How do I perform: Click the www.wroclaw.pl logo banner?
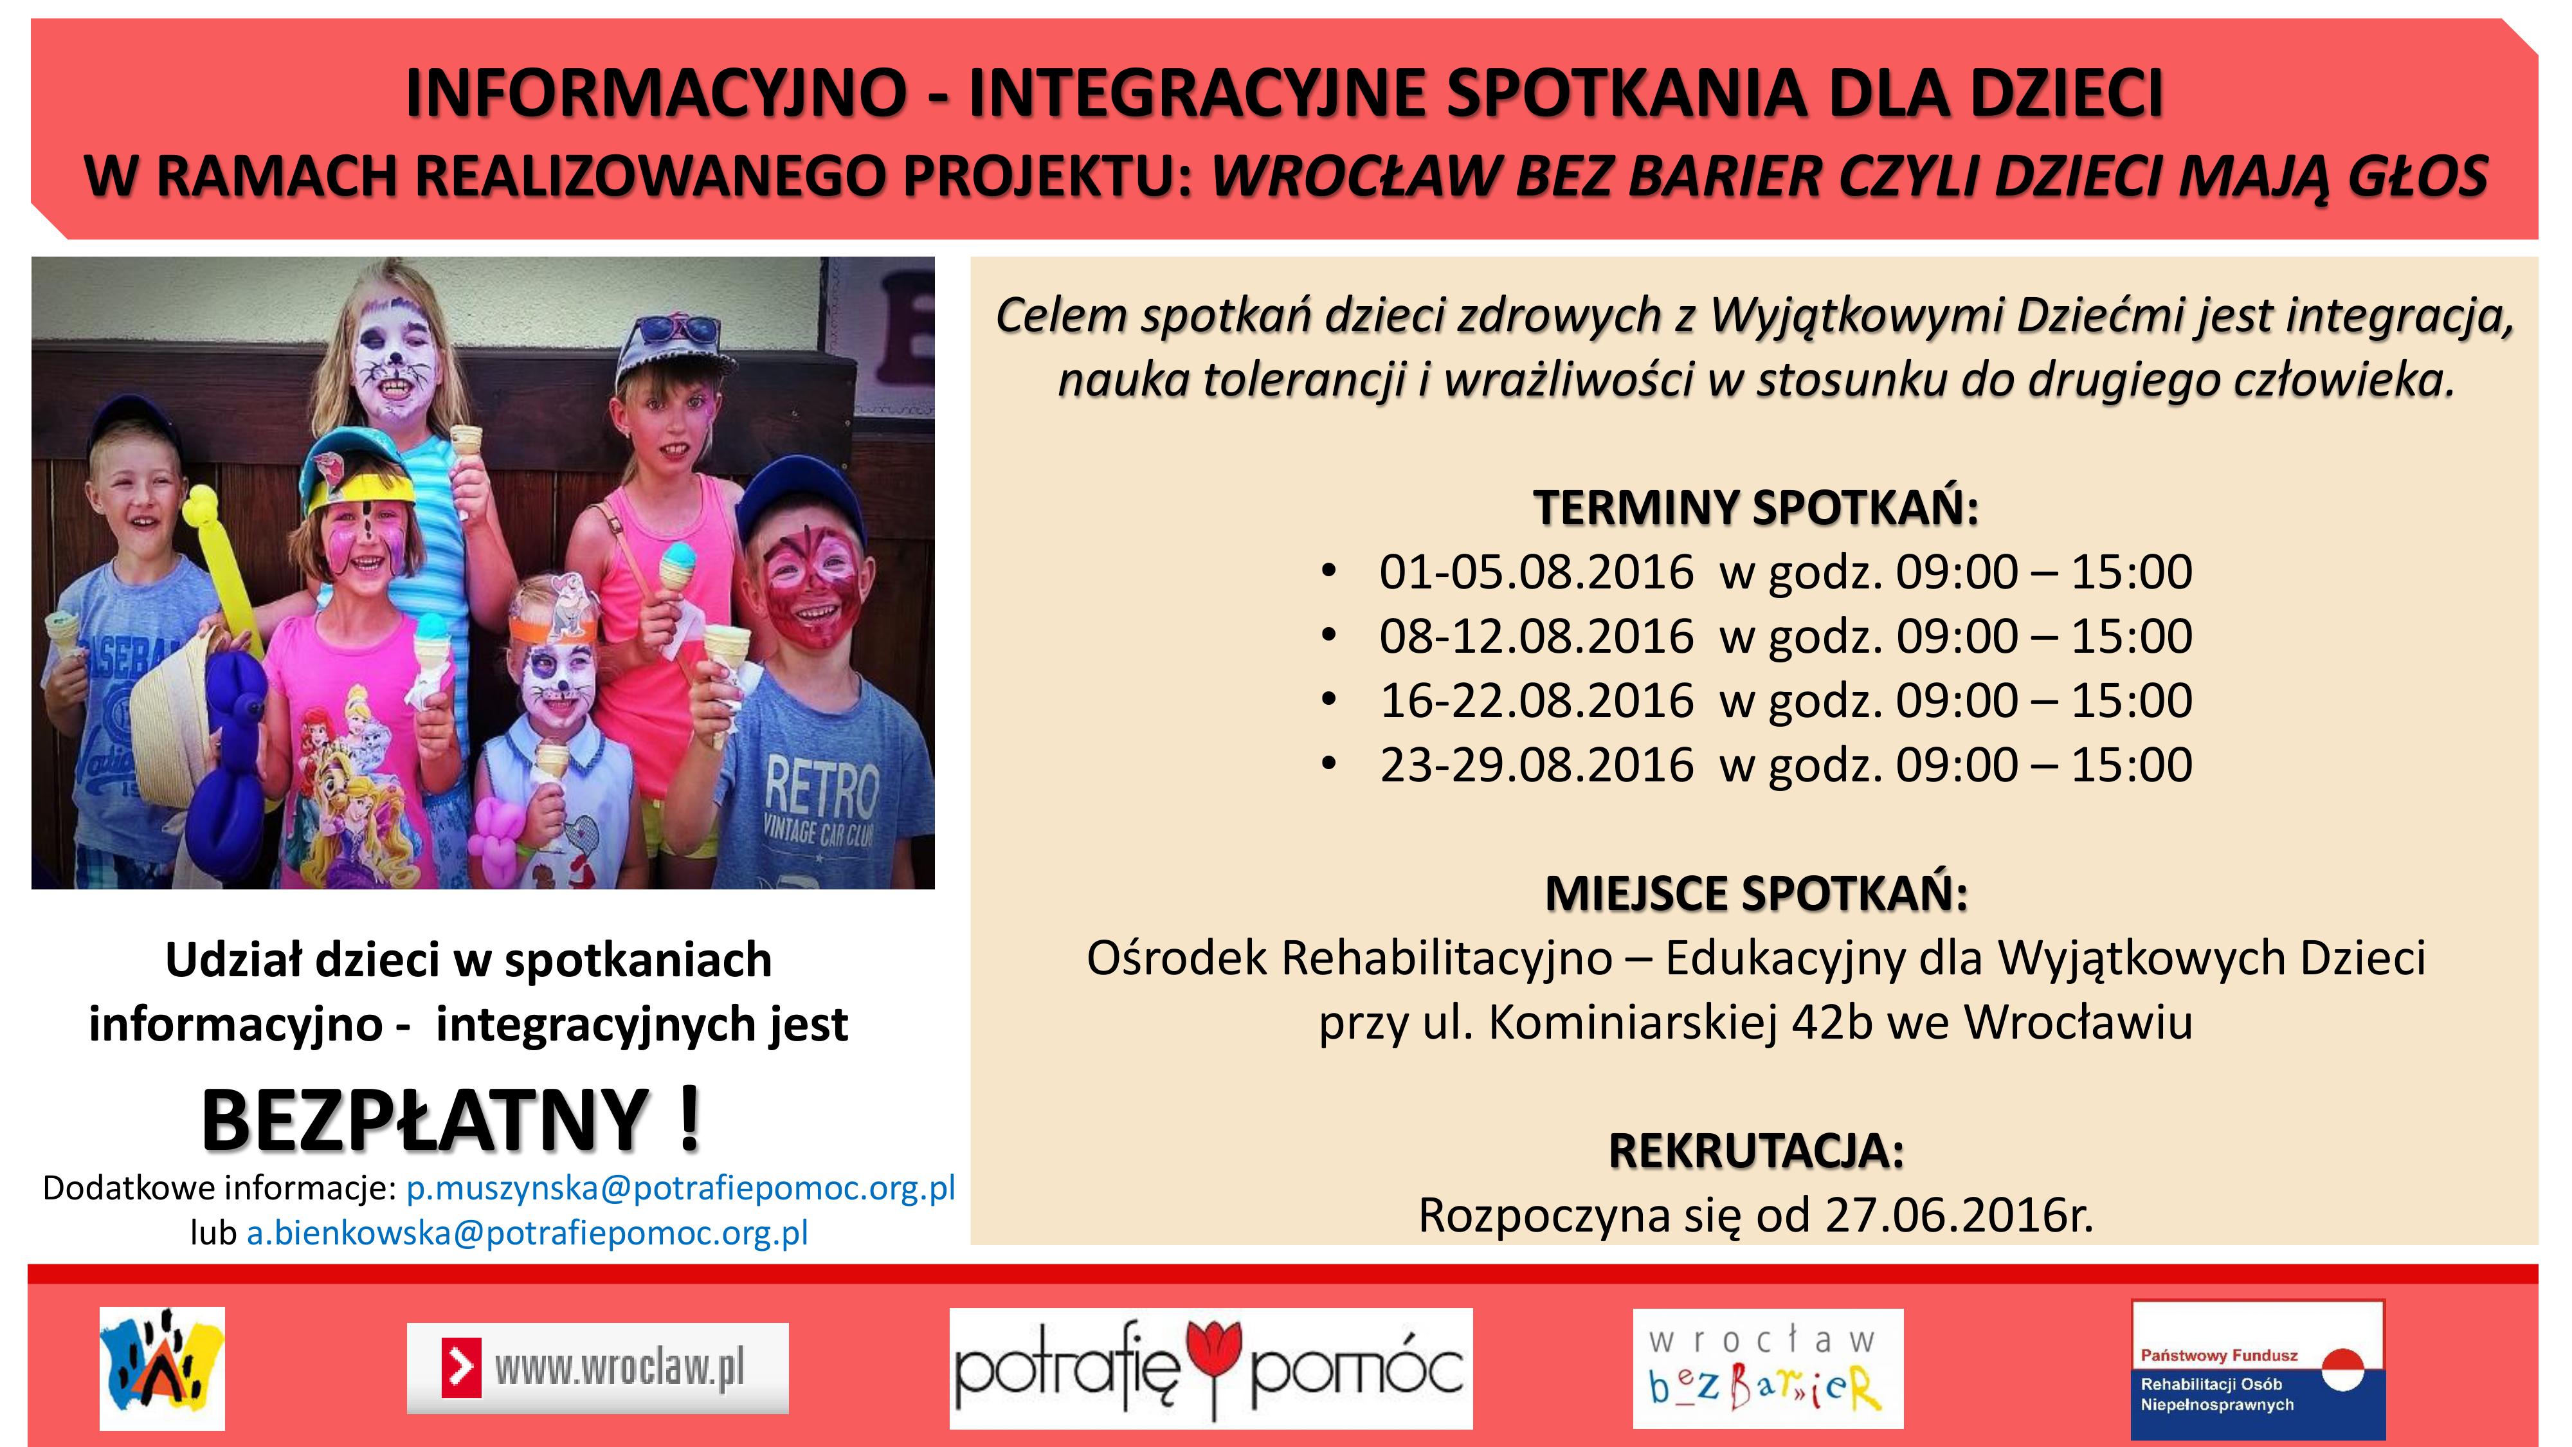coord(597,1367)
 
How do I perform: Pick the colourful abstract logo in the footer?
coord(162,1368)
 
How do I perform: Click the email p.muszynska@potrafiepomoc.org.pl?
coord(681,1187)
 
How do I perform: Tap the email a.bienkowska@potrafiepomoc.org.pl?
coord(527,1233)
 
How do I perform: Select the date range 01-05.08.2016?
coord(1537,572)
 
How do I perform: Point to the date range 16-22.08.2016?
coord(1537,700)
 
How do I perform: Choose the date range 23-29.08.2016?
coord(1537,765)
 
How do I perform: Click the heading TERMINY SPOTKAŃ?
coord(1756,507)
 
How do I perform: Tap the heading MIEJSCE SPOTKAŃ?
coord(1756,893)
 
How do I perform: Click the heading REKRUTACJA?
coord(1756,1151)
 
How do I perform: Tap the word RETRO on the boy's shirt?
coord(822,786)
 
